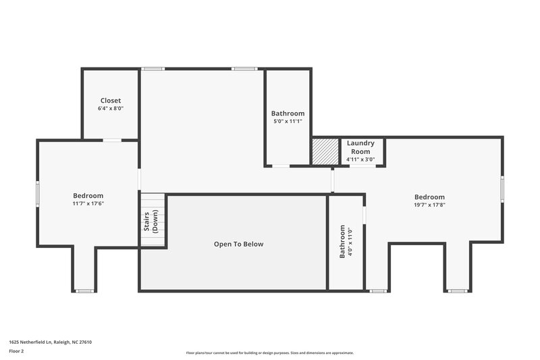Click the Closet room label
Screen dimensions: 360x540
point(111,101)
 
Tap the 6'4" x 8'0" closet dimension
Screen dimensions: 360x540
point(111,108)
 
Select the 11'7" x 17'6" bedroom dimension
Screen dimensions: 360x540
point(88,203)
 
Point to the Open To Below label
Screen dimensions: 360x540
point(239,244)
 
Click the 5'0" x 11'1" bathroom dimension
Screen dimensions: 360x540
point(288,122)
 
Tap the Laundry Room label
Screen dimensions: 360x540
point(360,147)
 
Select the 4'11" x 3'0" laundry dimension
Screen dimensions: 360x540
point(360,159)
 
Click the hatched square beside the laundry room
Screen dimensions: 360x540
point(325,151)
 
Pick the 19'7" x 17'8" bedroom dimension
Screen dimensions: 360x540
point(430,205)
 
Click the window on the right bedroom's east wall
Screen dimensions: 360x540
point(502,188)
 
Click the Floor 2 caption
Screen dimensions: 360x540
point(17,351)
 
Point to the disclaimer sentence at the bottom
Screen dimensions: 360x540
point(270,353)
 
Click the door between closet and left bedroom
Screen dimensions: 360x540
point(112,140)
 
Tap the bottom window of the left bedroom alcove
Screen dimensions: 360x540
point(84,291)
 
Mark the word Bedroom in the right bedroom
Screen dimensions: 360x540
point(430,197)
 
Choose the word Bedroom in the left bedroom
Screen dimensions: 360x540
point(88,195)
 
